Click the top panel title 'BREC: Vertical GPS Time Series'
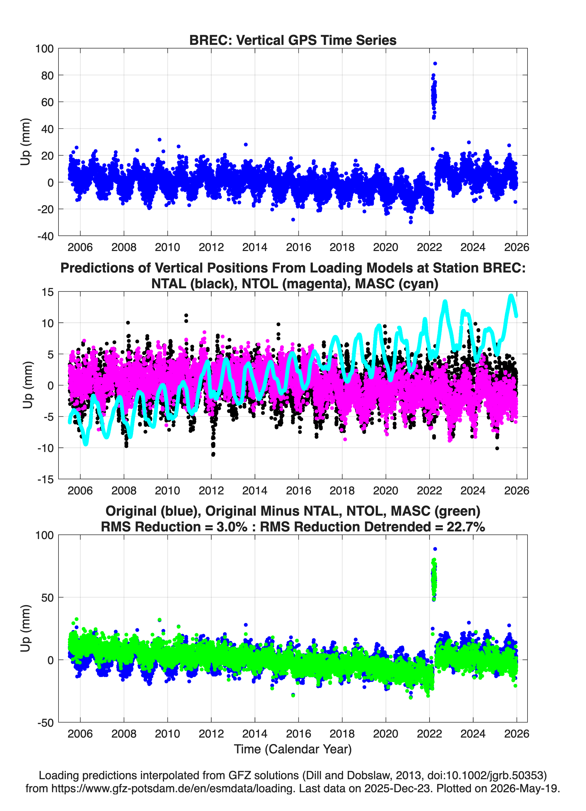293,40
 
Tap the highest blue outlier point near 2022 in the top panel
435,64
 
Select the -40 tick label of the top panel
45,236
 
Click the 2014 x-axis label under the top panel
255,247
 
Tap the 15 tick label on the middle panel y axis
48,292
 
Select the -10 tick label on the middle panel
45,448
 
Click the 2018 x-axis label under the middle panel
342,491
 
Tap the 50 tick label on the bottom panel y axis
47,598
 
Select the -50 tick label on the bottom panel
45,723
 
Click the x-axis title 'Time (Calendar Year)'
293,749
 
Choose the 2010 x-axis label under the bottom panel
167,734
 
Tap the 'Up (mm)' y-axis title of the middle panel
27,385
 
